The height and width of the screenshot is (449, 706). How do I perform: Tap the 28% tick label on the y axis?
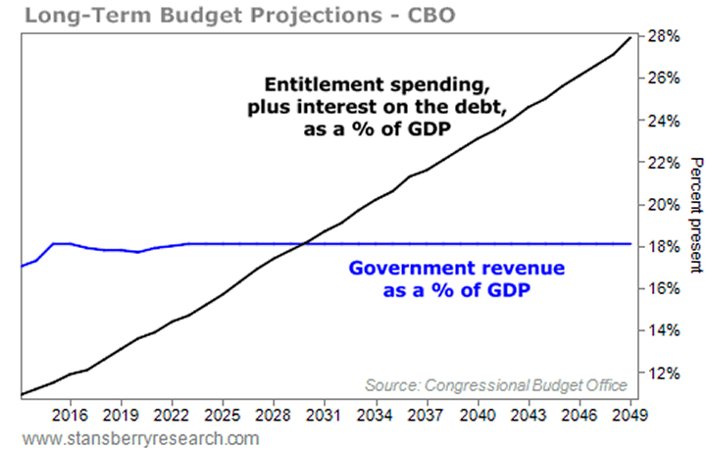(664, 37)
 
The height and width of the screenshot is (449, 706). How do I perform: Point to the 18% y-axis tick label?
(664, 247)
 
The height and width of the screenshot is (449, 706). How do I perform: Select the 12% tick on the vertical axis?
(664, 374)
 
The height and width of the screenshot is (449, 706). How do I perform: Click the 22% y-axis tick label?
(664, 163)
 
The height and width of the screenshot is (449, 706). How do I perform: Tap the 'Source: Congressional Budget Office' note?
(495, 383)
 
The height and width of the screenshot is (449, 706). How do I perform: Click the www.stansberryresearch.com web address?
(134, 437)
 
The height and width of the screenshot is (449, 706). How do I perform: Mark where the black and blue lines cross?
(305, 243)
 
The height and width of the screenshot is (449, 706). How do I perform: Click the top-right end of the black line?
(631, 36)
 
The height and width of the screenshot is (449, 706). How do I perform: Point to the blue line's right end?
(631, 243)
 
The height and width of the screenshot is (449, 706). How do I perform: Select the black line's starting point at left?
(21, 395)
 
